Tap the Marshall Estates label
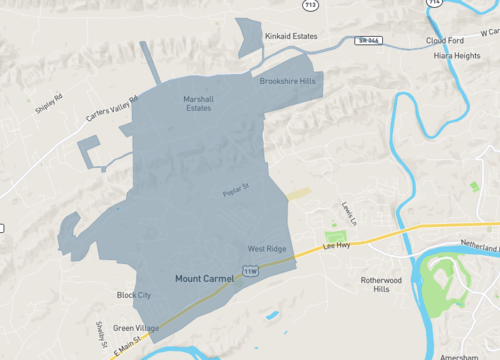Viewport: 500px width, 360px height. pyautogui.click(x=198, y=103)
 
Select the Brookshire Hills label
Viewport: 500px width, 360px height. pyautogui.click(x=287, y=81)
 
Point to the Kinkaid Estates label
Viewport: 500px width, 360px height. pyautogui.click(x=290, y=36)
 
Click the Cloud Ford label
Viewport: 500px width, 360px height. pyautogui.click(x=445, y=41)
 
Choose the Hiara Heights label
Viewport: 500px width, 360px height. pyautogui.click(x=455, y=56)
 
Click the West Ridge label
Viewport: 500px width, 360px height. pyautogui.click(x=267, y=248)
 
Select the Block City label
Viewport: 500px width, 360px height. pyautogui.click(x=133, y=295)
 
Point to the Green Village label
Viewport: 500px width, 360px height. pyautogui.click(x=135, y=328)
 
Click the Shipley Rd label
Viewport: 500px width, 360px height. pyautogui.click(x=49, y=103)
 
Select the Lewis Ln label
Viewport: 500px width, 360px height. pyautogui.click(x=348, y=210)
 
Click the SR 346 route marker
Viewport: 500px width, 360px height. pyautogui.click(x=366, y=41)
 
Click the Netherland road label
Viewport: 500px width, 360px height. pyautogui.click(x=478, y=244)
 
